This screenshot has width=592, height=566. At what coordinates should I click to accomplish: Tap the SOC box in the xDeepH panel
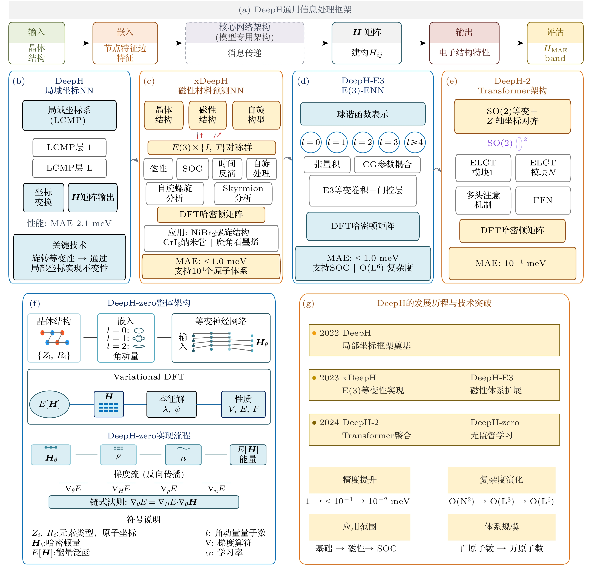(x=192, y=169)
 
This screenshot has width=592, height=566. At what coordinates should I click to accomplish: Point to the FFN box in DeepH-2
(x=542, y=200)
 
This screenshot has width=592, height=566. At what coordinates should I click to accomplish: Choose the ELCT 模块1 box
(x=483, y=168)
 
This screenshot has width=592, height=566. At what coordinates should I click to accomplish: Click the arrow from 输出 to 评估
(x=513, y=43)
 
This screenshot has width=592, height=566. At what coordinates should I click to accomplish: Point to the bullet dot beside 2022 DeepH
(x=314, y=333)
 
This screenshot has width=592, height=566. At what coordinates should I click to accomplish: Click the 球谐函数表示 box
(x=363, y=114)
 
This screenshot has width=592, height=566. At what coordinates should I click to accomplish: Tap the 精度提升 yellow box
(x=359, y=480)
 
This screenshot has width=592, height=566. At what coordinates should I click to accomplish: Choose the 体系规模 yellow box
(x=501, y=527)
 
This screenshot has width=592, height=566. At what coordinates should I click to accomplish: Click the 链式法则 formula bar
(x=144, y=502)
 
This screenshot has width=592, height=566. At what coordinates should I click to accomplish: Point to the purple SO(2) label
(x=500, y=143)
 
